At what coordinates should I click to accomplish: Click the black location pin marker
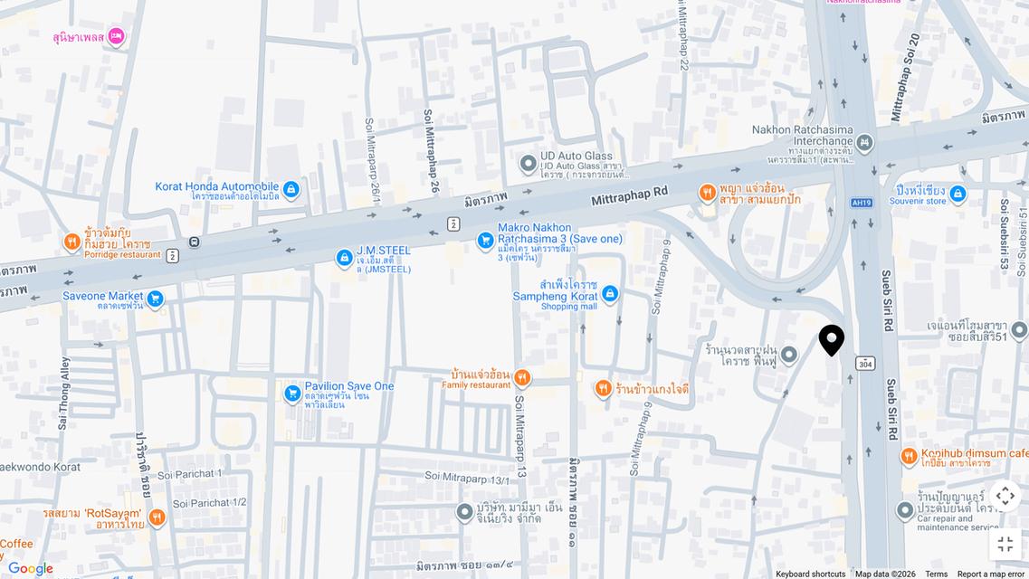click(831, 340)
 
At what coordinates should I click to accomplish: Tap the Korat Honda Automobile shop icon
click(291, 189)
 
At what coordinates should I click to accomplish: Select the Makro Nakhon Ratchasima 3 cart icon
click(485, 241)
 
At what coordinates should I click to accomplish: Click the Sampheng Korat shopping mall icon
click(610, 294)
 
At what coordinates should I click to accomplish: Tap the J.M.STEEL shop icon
click(344, 259)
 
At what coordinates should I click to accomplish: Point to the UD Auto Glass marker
click(529, 164)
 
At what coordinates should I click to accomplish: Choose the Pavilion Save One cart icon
click(292, 394)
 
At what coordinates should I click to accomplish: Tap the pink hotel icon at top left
click(116, 37)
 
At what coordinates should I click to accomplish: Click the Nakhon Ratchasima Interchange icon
click(864, 143)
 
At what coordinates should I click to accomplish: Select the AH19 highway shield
click(862, 203)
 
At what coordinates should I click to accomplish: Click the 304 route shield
click(865, 363)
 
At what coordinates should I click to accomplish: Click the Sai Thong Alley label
click(64, 393)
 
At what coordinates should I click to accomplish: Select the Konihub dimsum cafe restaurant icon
click(909, 457)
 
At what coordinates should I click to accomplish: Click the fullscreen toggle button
click(1005, 544)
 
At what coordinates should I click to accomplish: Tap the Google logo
click(30, 568)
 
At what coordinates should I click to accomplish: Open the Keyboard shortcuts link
click(810, 574)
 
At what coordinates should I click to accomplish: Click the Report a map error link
click(990, 574)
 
